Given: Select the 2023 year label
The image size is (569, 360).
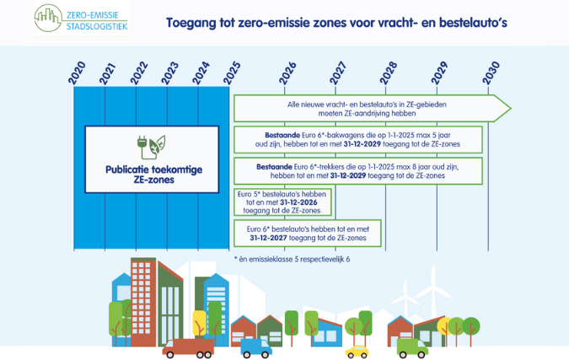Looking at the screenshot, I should (168, 73).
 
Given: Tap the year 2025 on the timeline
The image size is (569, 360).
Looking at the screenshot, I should (230, 73).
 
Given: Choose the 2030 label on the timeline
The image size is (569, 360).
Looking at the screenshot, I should (489, 73).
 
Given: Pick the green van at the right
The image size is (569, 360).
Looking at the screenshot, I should (414, 346).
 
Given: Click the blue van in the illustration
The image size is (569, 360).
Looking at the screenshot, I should (255, 347).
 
